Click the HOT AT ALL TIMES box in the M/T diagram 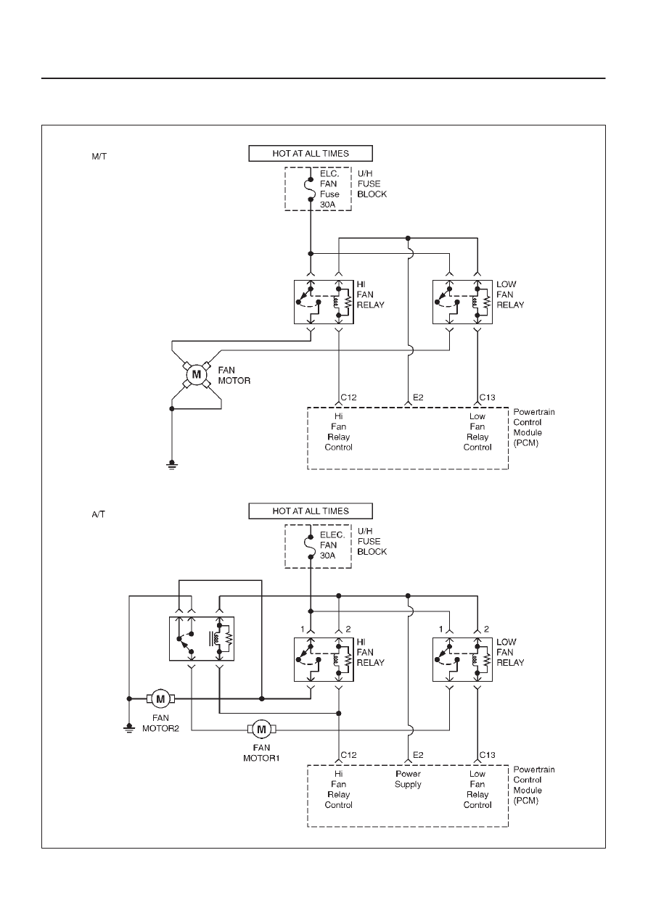pyautogui.click(x=311, y=153)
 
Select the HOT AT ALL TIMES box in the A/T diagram pyautogui.click(x=311, y=511)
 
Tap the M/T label pyautogui.click(x=99, y=157)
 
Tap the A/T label pyautogui.click(x=99, y=514)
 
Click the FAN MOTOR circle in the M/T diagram pyautogui.click(x=197, y=374)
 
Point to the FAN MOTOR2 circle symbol pyautogui.click(x=160, y=699)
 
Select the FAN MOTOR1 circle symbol pyautogui.click(x=261, y=729)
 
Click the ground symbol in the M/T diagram pyautogui.click(x=172, y=465)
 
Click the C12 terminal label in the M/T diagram pyautogui.click(x=348, y=397)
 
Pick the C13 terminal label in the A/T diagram pyautogui.click(x=487, y=755)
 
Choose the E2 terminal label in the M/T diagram pyautogui.click(x=418, y=397)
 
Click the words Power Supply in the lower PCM pyautogui.click(x=408, y=779)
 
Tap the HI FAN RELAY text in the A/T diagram pyautogui.click(x=371, y=652)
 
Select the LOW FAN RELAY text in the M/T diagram pyautogui.click(x=510, y=294)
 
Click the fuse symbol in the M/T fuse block pyautogui.click(x=311, y=189)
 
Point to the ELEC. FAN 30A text pyautogui.click(x=332, y=545)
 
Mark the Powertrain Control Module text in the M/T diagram pyautogui.click(x=534, y=427)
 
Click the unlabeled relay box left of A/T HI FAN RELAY pyautogui.click(x=202, y=639)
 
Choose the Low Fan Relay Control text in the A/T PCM pyautogui.click(x=477, y=789)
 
